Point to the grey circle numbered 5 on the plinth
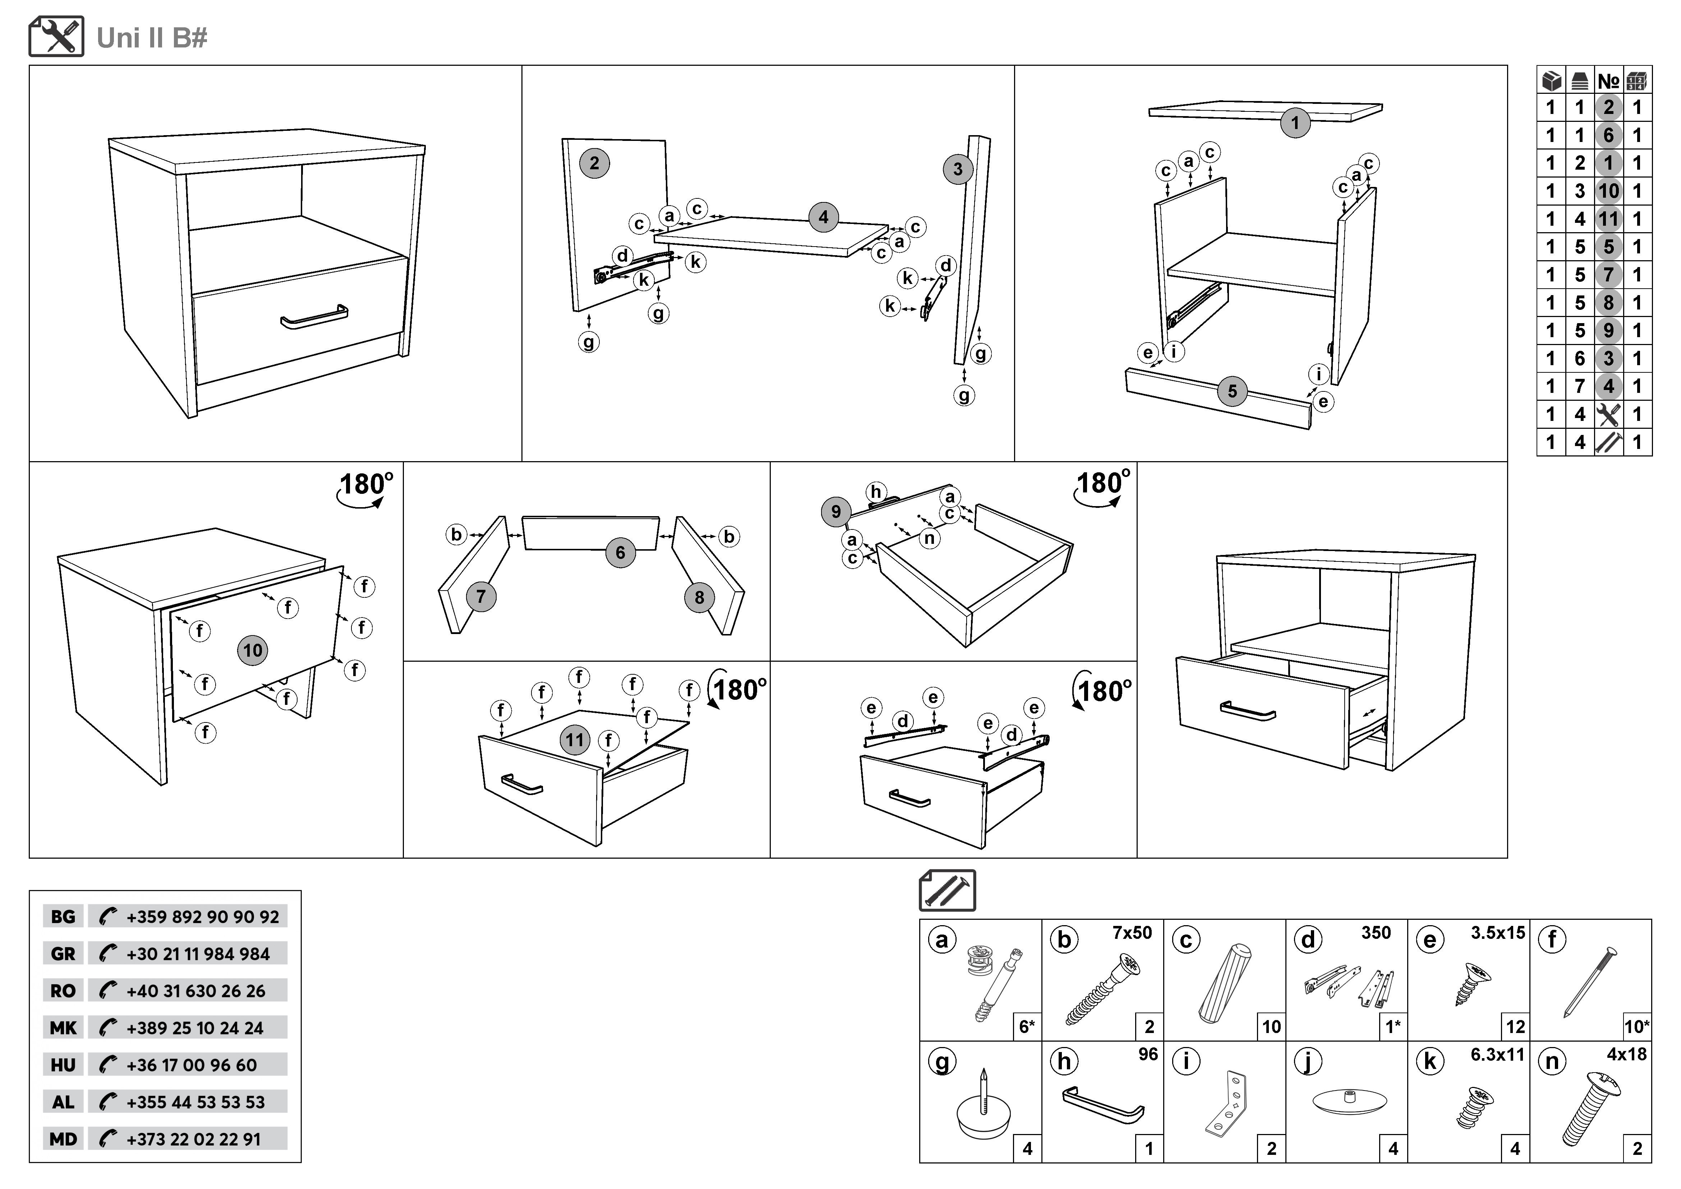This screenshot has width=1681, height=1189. click(1232, 391)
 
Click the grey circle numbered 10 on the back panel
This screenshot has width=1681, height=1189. click(253, 650)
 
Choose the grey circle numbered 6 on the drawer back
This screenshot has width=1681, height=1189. click(620, 552)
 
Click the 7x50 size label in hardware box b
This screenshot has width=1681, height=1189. click(1132, 933)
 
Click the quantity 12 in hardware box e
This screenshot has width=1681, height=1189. click(1515, 1027)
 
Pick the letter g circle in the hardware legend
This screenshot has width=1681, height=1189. click(942, 1061)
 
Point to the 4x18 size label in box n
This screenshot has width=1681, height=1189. click(1626, 1054)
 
